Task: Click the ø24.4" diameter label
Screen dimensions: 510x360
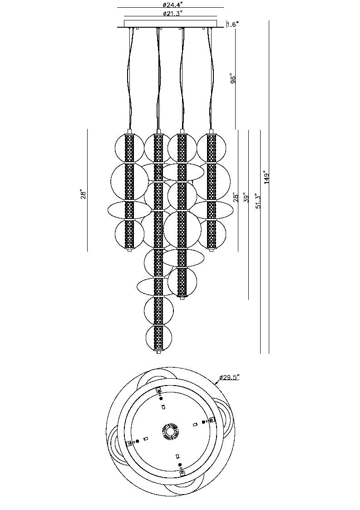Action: pyautogui.click(x=170, y=5)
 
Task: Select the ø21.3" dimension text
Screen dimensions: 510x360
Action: pyautogui.click(x=170, y=14)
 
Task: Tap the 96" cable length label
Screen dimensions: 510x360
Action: pyautogui.click(x=233, y=79)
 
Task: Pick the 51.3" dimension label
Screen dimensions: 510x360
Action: pyautogui.click(x=257, y=201)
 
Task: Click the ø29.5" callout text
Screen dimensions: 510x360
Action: pyautogui.click(x=229, y=377)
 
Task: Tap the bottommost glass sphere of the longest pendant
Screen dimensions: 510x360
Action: pyautogui.click(x=158, y=338)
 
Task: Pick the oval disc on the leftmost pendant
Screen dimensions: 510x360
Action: pyautogui.click(x=129, y=210)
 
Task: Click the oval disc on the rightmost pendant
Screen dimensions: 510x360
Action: pyautogui.click(x=212, y=210)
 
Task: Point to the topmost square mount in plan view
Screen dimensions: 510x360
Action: pyautogui.click(x=159, y=391)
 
